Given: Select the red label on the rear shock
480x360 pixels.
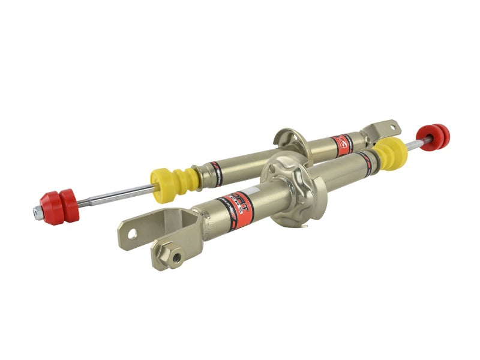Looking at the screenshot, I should point(341,145).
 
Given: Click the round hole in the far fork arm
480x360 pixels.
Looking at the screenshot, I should point(131,233).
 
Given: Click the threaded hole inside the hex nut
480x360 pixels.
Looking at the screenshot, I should point(176,257).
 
